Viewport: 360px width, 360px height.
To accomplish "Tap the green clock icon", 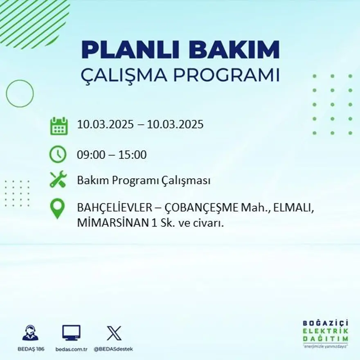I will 58,154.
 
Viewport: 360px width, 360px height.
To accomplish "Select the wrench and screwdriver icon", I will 58,180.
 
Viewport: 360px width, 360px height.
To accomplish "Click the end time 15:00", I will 133,155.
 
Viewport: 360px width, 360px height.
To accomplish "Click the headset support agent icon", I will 30,333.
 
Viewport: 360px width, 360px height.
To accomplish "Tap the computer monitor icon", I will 71,333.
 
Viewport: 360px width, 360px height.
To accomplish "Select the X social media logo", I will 114,333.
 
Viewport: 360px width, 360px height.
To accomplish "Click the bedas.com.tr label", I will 72,349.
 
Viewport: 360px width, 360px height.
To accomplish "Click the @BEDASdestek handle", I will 113,349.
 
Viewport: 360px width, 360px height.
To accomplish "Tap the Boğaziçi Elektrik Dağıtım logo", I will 326,332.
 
